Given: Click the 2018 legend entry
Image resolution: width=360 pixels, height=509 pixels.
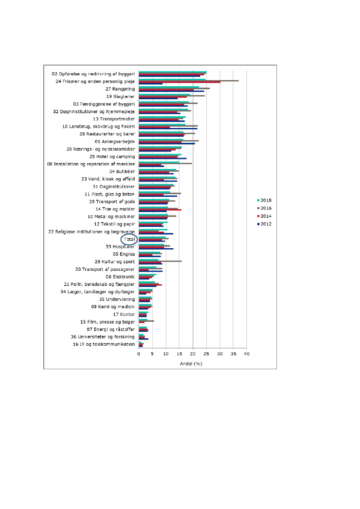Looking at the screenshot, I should coord(264,200).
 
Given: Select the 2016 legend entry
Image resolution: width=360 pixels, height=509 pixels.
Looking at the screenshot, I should coord(264,208).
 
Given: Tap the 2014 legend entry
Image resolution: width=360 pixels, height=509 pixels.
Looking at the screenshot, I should coord(264,216).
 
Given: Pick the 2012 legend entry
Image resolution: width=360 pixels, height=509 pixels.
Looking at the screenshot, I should coord(264,224).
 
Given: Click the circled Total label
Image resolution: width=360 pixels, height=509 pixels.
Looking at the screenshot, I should coord(129,239).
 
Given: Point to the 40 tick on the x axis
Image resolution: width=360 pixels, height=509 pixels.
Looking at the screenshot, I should coord(247,354).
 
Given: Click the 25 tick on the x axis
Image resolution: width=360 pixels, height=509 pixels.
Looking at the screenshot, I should coord(206,354).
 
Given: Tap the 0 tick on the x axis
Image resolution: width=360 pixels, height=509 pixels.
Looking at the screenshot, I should coord(139,354).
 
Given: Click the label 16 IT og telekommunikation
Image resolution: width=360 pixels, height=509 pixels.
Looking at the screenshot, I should coord(104,344).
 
